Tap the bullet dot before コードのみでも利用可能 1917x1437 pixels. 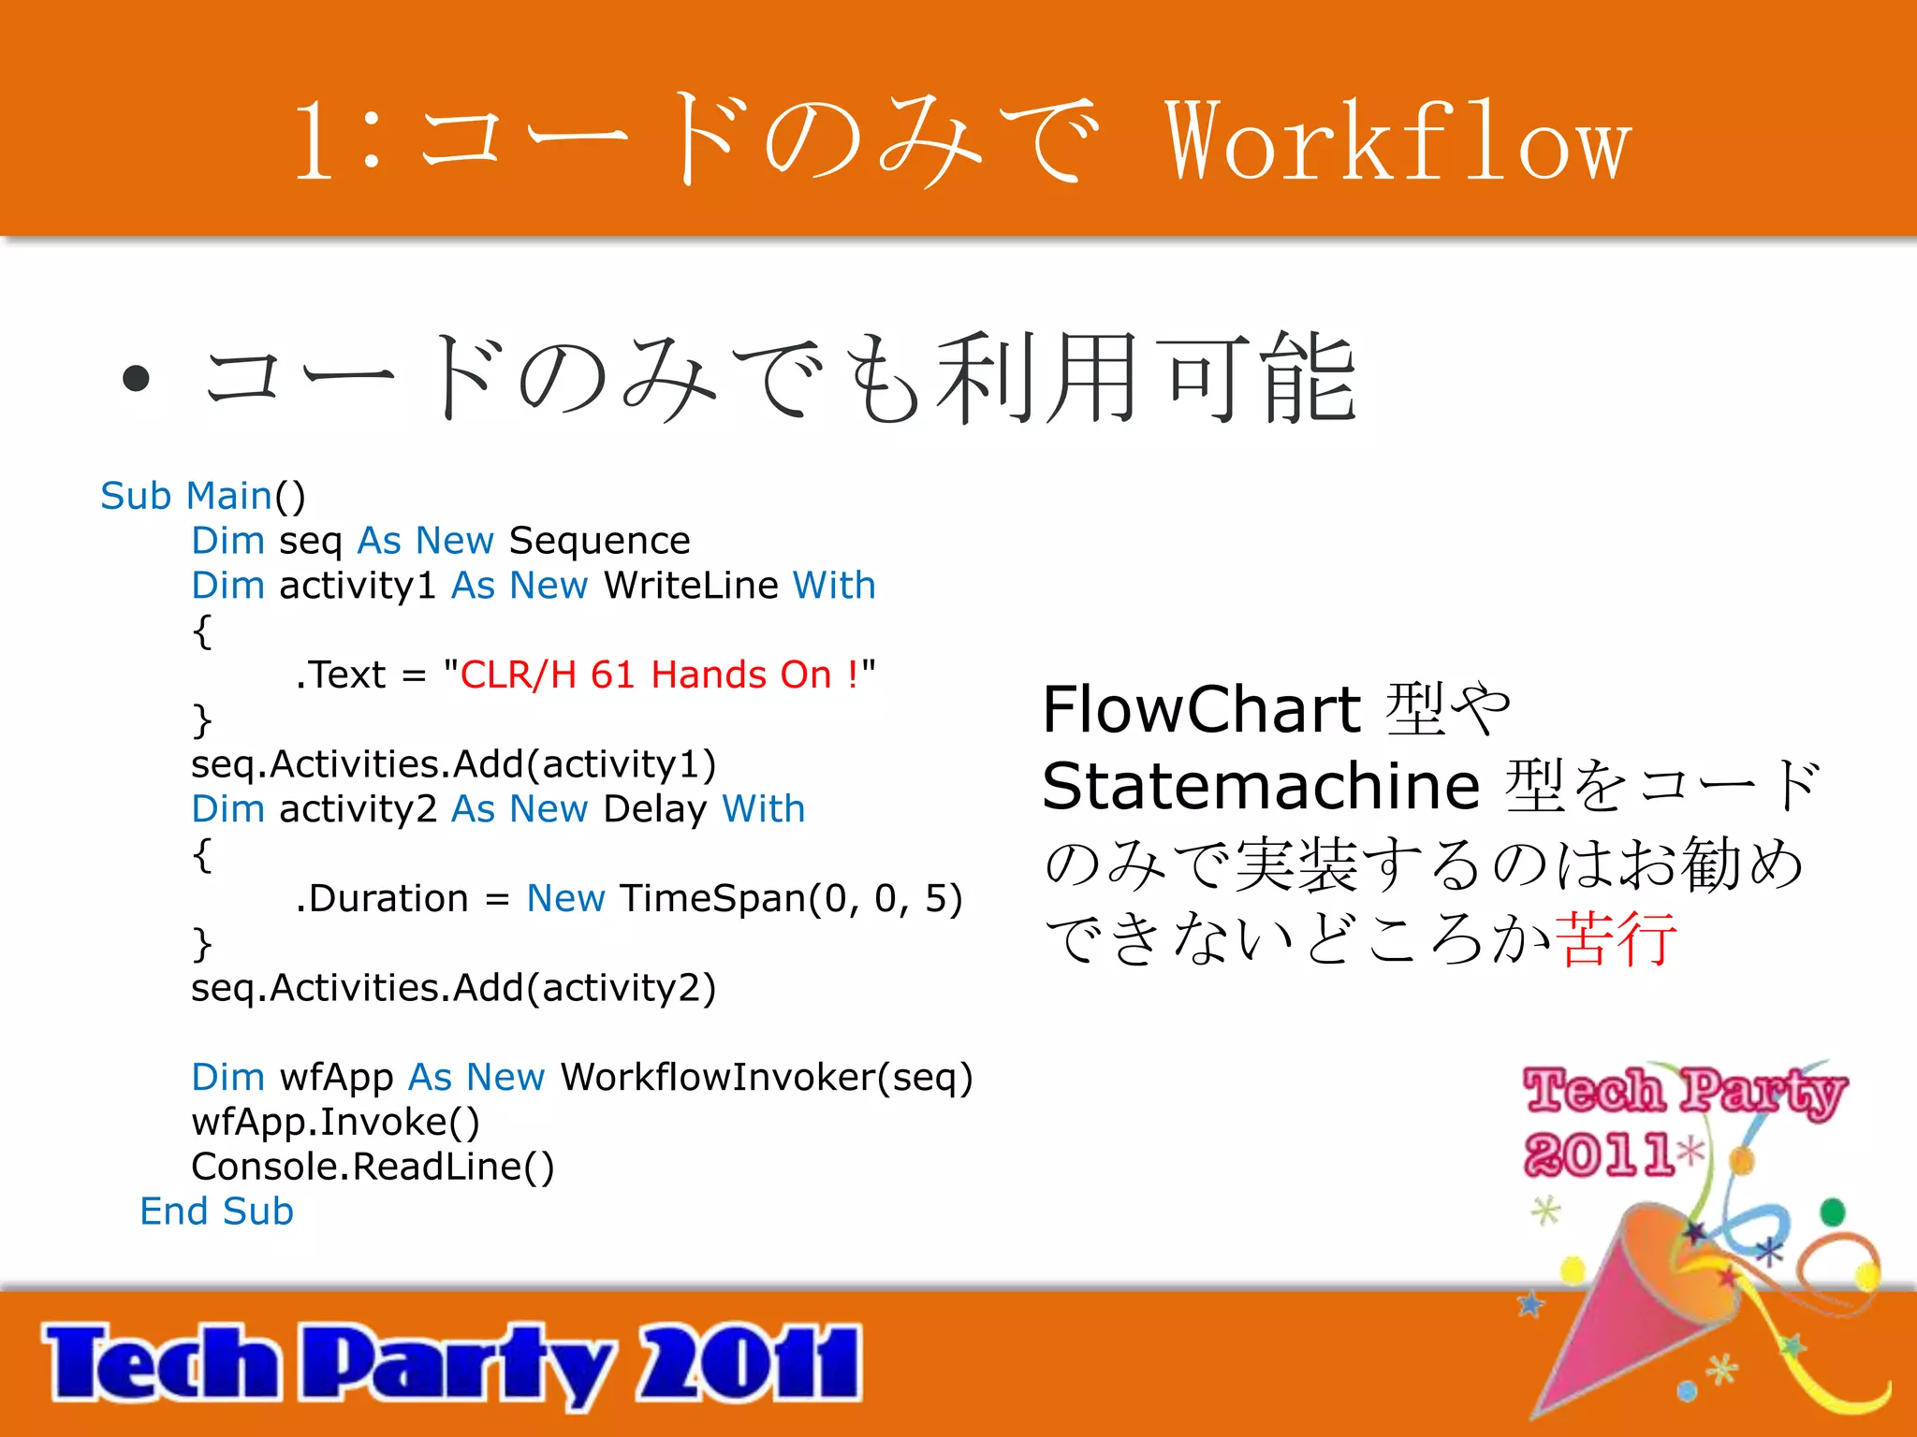(x=137, y=378)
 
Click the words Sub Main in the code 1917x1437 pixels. (x=186, y=496)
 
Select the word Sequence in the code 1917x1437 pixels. (x=599, y=541)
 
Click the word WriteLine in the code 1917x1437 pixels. (x=691, y=586)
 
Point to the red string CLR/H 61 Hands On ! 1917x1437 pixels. (x=659, y=675)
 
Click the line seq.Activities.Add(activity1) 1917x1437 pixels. (x=453, y=764)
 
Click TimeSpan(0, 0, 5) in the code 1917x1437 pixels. (x=791, y=898)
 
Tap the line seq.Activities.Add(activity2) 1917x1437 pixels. (x=453, y=988)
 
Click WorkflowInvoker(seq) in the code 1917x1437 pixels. (x=767, y=1078)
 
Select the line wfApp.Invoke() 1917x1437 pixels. (x=335, y=1122)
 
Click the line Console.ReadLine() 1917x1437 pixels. (x=373, y=1167)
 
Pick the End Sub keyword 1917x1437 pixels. (x=216, y=1212)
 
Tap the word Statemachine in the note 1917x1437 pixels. (x=1260, y=786)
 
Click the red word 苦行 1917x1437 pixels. (x=1616, y=938)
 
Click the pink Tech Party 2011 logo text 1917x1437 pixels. (x=1676, y=1118)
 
